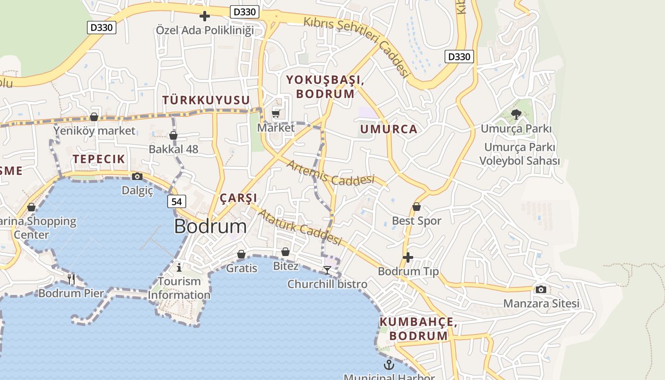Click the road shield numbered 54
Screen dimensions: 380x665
176,201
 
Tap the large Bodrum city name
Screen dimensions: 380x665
210,227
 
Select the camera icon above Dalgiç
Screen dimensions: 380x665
137,177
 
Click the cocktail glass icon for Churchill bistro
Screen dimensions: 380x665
327,270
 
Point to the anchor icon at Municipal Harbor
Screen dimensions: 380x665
389,365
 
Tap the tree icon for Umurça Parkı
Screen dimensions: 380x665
516,114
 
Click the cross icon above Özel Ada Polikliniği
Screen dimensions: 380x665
205,16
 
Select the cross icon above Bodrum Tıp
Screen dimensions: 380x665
408,257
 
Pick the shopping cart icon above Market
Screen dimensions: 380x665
276,114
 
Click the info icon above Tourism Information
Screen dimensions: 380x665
179,267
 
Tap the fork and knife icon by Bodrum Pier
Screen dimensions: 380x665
71,279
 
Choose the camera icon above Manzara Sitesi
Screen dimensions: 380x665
541,289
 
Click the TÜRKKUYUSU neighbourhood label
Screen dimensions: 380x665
206,100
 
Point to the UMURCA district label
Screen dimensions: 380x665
389,129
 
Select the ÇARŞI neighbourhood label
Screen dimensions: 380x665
238,198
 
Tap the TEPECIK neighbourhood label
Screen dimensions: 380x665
99,159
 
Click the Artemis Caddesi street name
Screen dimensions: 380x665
331,173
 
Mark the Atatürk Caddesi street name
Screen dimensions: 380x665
300,227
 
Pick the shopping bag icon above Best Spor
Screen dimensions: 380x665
417,207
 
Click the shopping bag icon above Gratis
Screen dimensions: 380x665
241,254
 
